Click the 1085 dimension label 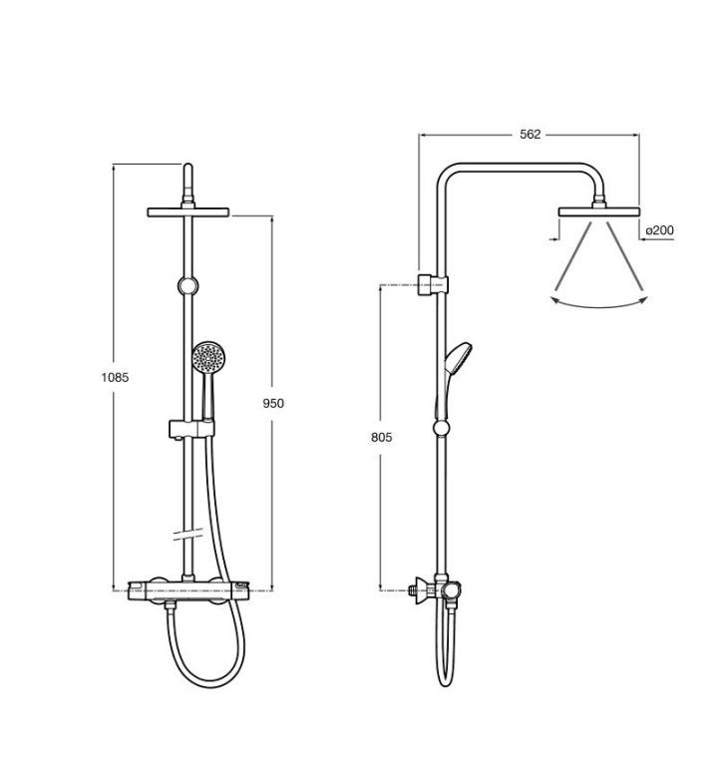tap(115, 378)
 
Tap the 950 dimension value tap(273, 403)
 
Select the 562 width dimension tap(530, 134)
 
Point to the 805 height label tap(381, 437)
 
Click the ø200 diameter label tap(659, 230)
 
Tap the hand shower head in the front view tap(208, 357)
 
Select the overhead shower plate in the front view tap(188, 212)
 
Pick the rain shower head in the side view tap(599, 211)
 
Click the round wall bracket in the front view tap(187, 286)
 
